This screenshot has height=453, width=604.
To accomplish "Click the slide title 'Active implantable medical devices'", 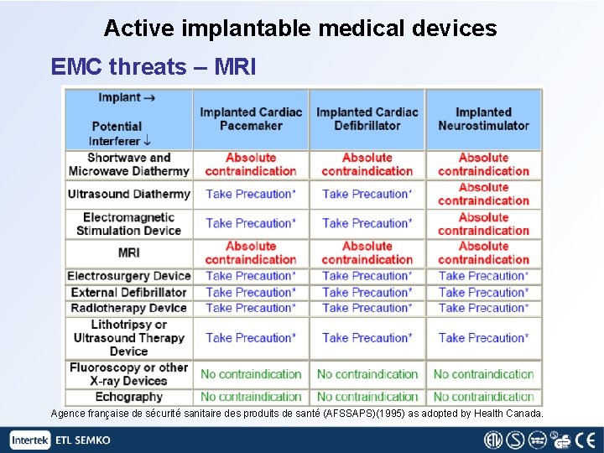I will point(300,29).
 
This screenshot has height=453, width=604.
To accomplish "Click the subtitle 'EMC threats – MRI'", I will point(154,66).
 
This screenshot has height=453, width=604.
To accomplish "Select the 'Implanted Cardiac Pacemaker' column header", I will point(251,118).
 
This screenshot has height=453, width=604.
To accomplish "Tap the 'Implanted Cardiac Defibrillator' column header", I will point(367,118).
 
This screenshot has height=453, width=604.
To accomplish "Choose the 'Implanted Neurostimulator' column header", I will point(483,118).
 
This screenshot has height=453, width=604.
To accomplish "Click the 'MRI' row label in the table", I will point(128,253).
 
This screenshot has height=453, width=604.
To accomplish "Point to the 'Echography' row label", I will point(128,397).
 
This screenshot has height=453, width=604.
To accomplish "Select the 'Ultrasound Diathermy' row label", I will point(128,194).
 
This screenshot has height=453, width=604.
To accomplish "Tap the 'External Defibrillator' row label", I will point(128,292).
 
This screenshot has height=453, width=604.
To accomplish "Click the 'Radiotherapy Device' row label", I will point(128,308).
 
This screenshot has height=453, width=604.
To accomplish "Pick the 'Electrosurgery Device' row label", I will point(128,276).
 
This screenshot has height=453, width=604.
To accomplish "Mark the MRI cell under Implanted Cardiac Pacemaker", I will point(251,253).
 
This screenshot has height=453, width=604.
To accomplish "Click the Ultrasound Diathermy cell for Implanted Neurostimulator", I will point(483,194).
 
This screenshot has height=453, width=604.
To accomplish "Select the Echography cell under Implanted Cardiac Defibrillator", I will point(367,397).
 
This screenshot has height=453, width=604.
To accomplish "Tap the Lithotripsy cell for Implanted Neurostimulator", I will point(483,338).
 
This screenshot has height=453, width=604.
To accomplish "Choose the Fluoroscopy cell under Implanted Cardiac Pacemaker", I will point(251,374).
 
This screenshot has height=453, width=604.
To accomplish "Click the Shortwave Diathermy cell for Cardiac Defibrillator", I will point(367,164).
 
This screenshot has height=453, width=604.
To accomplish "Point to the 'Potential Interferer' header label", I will point(117,133).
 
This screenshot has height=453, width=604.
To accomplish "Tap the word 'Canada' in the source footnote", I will point(523,414).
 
